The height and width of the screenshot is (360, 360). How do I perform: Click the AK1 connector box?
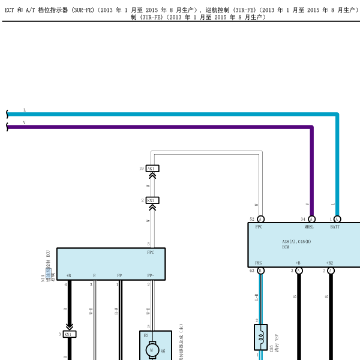pos(152,169)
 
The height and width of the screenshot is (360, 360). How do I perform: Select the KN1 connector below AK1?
pos(152,200)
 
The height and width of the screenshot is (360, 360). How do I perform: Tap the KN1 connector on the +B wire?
pos(70,334)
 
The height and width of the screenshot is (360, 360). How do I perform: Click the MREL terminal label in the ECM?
pos(309,227)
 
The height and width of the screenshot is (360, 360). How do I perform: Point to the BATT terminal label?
pos(335,227)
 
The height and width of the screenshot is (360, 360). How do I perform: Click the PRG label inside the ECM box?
pos(259,263)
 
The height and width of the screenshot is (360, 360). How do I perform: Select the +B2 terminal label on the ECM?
pos(329,263)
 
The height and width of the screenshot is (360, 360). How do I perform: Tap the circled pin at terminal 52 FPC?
pos(261,220)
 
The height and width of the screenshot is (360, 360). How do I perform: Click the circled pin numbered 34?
pos(312,220)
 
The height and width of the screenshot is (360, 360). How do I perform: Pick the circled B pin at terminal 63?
pos(261,271)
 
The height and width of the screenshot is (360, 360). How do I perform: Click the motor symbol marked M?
pos(152,349)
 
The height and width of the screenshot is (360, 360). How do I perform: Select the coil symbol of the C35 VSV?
pos(261,338)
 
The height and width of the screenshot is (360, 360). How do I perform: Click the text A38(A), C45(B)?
pos(296,241)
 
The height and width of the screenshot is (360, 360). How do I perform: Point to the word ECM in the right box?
pos(286,247)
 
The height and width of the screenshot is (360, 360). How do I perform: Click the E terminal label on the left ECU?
pos(94,275)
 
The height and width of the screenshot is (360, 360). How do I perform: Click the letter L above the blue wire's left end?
pos(25,110)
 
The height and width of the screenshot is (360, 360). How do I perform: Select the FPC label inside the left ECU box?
pos(151,253)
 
